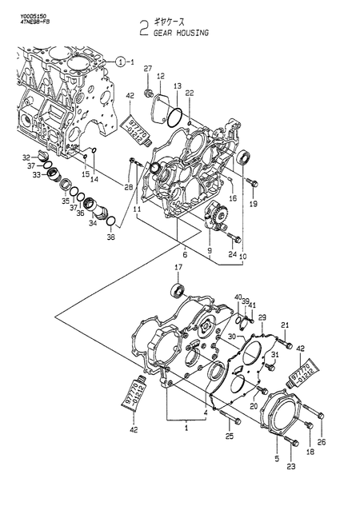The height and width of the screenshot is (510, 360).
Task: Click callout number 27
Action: click(x=147, y=71)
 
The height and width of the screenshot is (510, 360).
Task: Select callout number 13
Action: click(x=178, y=85)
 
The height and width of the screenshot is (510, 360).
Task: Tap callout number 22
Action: click(x=189, y=94)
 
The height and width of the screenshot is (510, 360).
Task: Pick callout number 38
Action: click(x=110, y=238)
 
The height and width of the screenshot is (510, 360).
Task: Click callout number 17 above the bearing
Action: click(x=178, y=266)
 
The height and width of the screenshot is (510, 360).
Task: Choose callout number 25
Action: click(x=230, y=436)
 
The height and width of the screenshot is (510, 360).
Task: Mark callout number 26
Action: click(x=322, y=442)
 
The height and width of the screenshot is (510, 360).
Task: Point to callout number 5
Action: click(x=277, y=460)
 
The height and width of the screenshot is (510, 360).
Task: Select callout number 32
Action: click(x=26, y=157)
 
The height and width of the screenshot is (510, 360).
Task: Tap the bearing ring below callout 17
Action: click(x=178, y=289)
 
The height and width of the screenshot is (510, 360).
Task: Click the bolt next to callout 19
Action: click(x=251, y=183)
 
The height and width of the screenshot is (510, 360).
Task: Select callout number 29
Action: click(x=262, y=317)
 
